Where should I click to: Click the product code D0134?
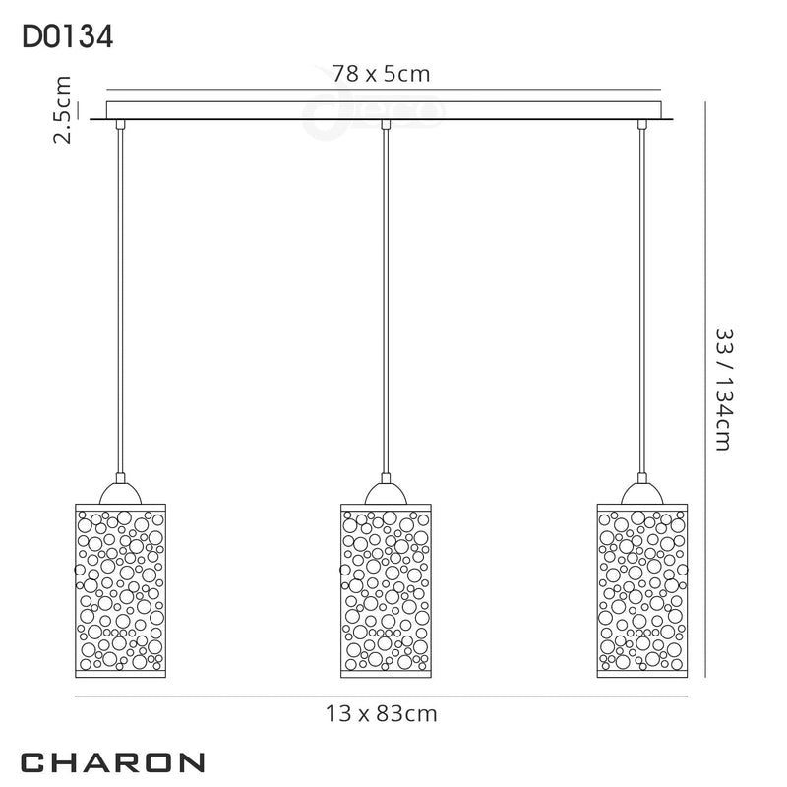click(x=66, y=36)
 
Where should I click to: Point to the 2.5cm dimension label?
click(x=63, y=110)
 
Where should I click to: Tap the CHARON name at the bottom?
click(x=113, y=761)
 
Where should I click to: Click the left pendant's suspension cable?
click(x=119, y=295)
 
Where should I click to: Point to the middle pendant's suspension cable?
click(x=387, y=295)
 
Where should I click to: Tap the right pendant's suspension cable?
click(x=642, y=295)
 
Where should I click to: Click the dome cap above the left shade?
click(x=119, y=492)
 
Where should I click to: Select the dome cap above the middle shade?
click(x=387, y=492)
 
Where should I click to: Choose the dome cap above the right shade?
click(x=642, y=492)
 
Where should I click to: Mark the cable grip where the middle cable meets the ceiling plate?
click(x=387, y=124)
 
